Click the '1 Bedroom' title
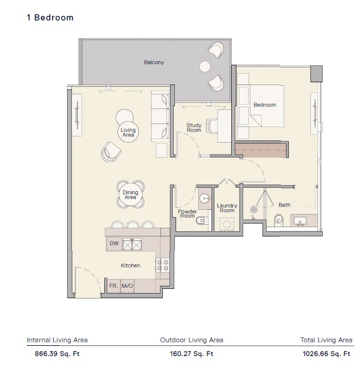(50, 18)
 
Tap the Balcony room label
(154, 62)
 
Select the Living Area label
(128, 133)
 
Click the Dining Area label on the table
(131, 194)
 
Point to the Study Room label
(193, 128)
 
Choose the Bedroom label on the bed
(265, 105)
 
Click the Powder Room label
(187, 214)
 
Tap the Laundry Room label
(227, 208)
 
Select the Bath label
(285, 205)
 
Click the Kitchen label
(131, 265)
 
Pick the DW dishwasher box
(114, 243)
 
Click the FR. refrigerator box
(113, 286)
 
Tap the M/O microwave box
(127, 286)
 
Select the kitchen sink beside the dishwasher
(132, 243)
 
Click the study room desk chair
(212, 126)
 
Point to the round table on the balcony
(205, 66)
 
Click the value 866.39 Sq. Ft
(53, 354)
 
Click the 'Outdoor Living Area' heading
(192, 340)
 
